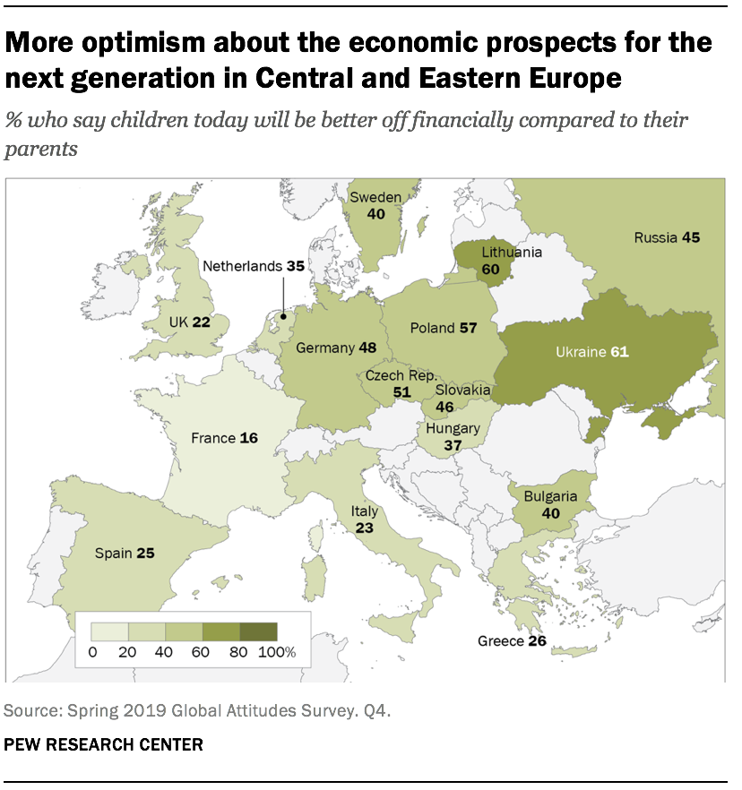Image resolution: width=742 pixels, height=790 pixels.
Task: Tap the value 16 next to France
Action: [250, 438]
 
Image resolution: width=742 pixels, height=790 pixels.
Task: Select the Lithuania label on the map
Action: [512, 253]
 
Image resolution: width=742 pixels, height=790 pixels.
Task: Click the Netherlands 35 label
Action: [254, 266]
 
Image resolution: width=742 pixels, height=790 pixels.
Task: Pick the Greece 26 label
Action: [512, 641]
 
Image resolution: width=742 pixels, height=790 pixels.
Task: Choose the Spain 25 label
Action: [125, 554]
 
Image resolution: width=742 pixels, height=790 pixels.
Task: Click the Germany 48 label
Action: [335, 348]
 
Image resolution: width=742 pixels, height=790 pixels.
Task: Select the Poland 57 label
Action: [443, 328]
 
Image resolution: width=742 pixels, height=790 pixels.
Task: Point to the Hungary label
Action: [453, 428]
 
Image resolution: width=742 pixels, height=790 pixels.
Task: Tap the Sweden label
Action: [375, 197]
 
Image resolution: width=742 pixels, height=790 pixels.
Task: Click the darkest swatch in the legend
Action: [259, 631]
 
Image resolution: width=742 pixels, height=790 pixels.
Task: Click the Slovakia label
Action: [462, 391]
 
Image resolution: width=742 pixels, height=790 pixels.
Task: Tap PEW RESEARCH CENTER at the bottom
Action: [103, 743]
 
